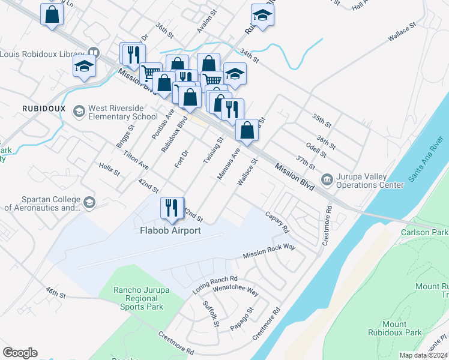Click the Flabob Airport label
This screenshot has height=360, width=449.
[x=170, y=230]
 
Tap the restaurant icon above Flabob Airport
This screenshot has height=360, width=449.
[x=172, y=208]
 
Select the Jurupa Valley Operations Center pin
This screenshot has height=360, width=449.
[x=327, y=178]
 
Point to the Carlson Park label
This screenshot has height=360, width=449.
[x=427, y=232]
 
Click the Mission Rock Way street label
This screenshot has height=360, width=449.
[x=270, y=251]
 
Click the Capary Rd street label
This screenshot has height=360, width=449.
[x=277, y=221]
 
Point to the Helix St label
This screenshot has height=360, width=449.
[x=109, y=168]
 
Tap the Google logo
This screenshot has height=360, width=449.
[x=20, y=353]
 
